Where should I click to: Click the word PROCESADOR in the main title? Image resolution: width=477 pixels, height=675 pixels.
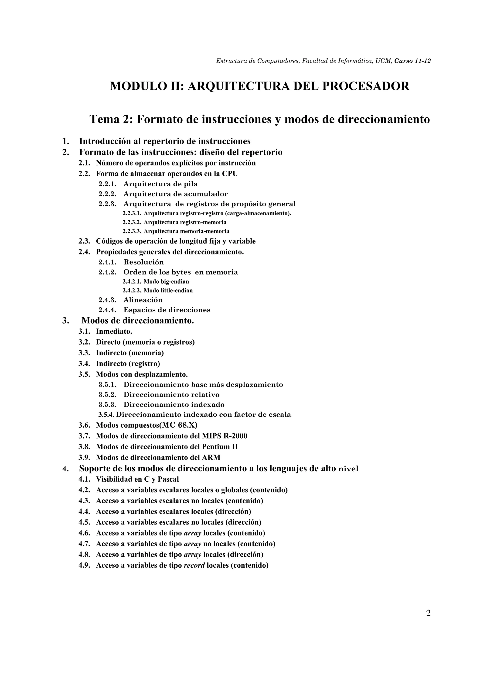tap(366, 86)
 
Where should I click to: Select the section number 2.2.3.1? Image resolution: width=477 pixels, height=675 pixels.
tap(132, 213)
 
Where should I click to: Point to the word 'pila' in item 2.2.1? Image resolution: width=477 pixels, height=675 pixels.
tap(191, 184)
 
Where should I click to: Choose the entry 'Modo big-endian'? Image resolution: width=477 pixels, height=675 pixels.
tap(166, 282)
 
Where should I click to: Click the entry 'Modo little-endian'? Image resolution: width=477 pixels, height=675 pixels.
tap(168, 291)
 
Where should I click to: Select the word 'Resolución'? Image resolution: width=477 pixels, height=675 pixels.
tap(144, 262)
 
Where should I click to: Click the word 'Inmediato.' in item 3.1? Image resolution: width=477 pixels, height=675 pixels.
tap(114, 332)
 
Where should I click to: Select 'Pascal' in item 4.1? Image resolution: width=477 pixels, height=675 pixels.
tap(168, 480)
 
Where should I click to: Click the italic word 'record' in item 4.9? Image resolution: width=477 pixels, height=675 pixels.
tap(194, 565)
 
